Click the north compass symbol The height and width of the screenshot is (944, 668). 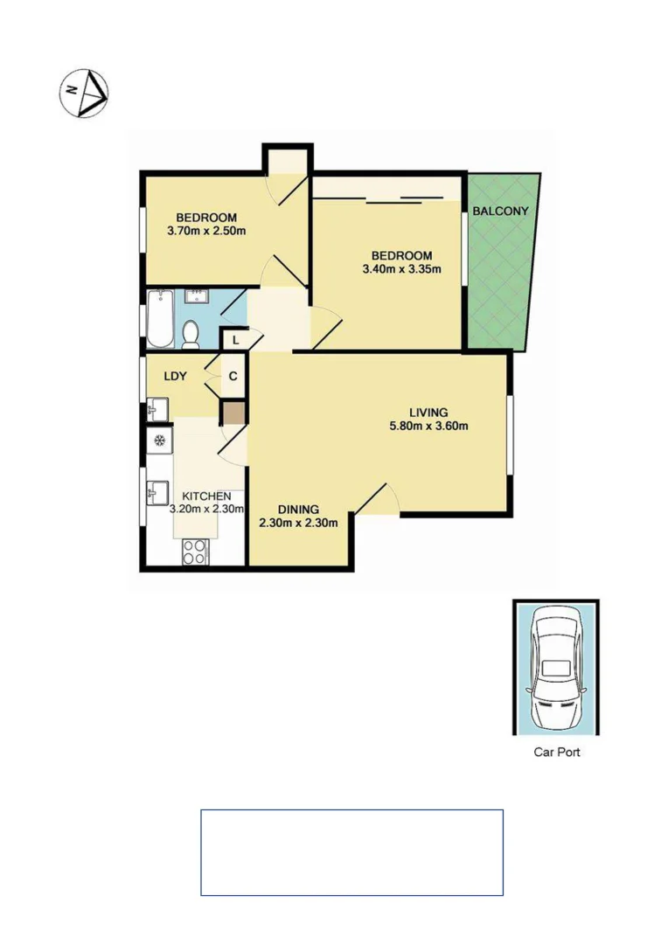click(x=84, y=92)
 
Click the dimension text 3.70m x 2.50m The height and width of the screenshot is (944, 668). click(x=206, y=232)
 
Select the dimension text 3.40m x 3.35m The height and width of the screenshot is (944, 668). click(x=401, y=269)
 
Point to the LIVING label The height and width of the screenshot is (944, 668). click(x=428, y=413)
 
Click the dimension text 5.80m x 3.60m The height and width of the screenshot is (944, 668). click(x=428, y=427)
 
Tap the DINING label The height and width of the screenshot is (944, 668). click(x=298, y=510)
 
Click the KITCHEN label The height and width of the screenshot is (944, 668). click(x=206, y=496)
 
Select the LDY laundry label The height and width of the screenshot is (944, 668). click(x=175, y=376)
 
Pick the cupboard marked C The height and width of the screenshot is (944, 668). click(x=233, y=377)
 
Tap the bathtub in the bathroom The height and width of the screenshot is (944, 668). click(x=160, y=320)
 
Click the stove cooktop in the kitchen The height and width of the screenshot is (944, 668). click(x=194, y=551)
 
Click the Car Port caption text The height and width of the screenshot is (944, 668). click(x=556, y=752)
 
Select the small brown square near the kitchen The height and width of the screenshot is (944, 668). click(x=233, y=413)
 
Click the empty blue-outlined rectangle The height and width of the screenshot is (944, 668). click(x=351, y=852)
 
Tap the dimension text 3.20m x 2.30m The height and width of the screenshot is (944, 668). click(x=206, y=509)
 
